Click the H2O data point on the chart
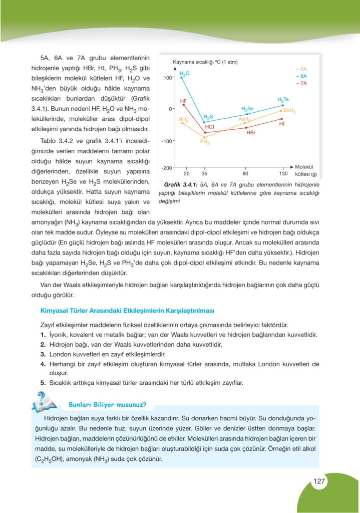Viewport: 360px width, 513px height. (182, 78)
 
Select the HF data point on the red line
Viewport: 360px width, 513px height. (184, 105)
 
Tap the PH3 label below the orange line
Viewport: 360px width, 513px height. (204, 142)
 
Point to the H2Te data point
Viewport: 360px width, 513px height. (283, 105)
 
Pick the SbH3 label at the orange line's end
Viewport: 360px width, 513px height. (289, 111)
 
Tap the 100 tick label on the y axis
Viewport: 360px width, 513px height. (167, 78)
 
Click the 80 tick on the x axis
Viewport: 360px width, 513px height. (245, 173)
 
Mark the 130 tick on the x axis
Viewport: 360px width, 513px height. (283, 173)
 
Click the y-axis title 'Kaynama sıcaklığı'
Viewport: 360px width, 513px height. (193, 62)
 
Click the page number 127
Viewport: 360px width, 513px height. (320, 481)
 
